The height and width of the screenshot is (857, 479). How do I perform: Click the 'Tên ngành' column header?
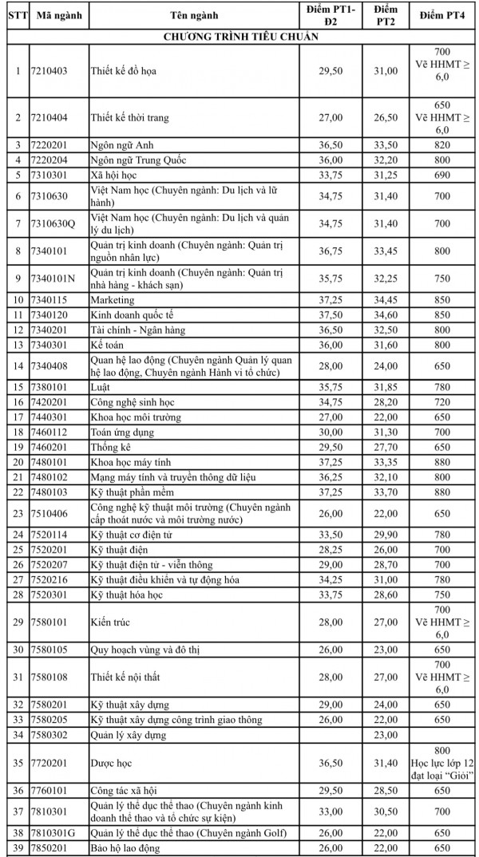pos(194,16)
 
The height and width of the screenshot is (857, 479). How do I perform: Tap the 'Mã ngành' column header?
pos(56,16)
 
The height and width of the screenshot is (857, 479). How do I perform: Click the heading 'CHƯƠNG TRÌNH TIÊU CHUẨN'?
pos(239,37)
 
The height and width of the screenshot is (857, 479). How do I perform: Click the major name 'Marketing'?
pos(112,300)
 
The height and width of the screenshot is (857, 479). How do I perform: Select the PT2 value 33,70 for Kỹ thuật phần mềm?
pos(386,492)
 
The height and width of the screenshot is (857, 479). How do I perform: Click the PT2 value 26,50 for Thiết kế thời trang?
pos(386,117)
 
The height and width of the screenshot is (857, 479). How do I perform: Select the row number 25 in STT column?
pos(17,551)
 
